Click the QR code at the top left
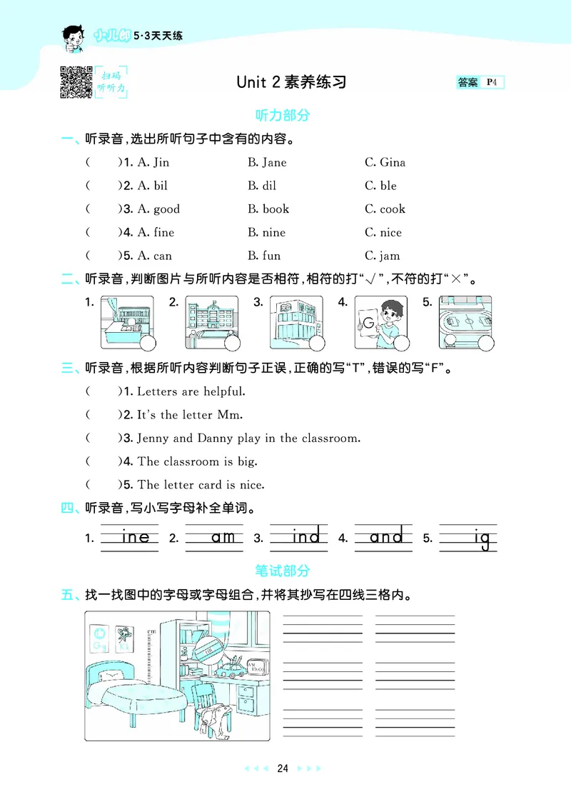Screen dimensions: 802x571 76,81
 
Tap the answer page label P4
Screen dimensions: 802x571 492,82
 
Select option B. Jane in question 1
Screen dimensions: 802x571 267,162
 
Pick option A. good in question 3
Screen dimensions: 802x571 158,209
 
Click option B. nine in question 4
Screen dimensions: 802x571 266,232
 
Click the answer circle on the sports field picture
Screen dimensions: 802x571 485,344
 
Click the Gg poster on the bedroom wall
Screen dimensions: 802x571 101,639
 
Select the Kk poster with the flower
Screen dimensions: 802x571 125,638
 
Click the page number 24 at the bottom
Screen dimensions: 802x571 283,768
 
